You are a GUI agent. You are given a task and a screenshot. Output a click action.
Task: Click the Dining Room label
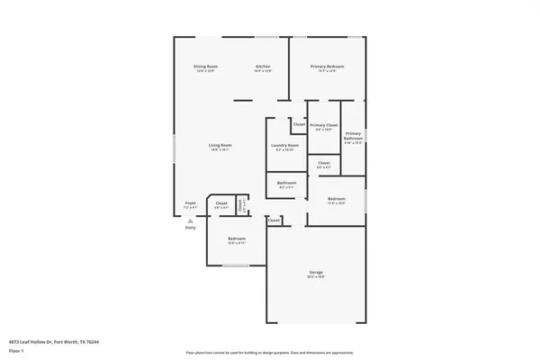pos(206,67)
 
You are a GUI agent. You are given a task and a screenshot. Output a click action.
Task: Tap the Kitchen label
pos(263,67)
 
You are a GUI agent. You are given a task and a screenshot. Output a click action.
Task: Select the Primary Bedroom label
pos(328,67)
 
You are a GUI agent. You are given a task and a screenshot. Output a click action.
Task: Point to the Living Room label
pos(220,145)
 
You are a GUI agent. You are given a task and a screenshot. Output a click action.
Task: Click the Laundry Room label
pos(285,145)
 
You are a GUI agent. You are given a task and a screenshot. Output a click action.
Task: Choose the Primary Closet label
pos(324,125)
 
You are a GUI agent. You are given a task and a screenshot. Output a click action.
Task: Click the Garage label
pos(316,273)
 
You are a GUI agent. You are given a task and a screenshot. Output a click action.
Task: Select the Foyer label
pos(190,203)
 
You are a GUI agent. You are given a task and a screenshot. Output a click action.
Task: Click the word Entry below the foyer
pos(190,228)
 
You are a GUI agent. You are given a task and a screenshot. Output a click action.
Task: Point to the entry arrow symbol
pos(190,219)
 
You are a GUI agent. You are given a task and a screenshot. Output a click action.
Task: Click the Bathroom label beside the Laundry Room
pos(286,184)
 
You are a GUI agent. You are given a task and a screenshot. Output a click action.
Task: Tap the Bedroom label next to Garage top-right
pos(337,198)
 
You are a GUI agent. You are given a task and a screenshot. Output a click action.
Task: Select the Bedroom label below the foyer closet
pos(236,238)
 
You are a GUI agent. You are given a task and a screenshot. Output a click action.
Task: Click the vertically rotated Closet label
pos(240,205)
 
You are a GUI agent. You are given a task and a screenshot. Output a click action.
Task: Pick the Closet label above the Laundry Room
pos(298,123)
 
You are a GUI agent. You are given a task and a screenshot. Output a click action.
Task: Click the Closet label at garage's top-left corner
pos(274,220)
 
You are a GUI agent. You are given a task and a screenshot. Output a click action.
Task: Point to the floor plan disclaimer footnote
pos(270,353)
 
